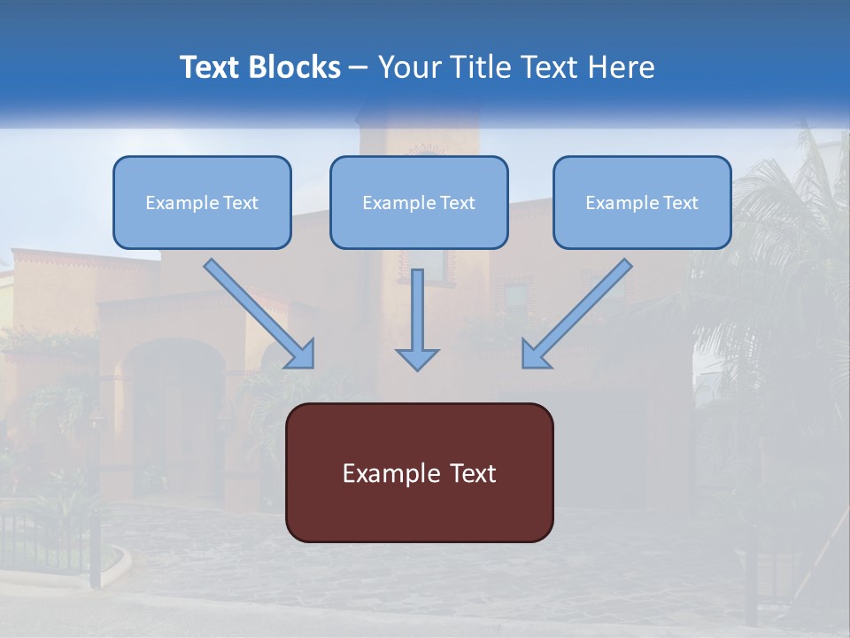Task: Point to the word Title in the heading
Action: [485, 67]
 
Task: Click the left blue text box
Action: [202, 202]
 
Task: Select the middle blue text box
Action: [419, 202]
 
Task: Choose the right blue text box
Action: [642, 202]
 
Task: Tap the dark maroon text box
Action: [419, 472]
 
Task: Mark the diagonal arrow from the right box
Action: [580, 310]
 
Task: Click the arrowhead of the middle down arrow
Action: [417, 358]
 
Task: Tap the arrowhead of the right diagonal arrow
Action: [535, 354]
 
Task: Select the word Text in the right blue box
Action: [680, 203]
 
